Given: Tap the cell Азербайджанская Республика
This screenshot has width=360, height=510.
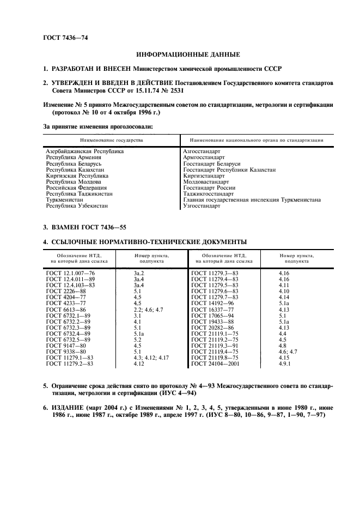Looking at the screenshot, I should click(x=85, y=151).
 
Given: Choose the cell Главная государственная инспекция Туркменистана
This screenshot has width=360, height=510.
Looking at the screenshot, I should click(x=252, y=200).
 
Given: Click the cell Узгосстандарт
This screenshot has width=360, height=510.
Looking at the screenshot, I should click(x=202, y=206).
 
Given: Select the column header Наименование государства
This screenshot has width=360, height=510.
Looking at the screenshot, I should click(x=111, y=140).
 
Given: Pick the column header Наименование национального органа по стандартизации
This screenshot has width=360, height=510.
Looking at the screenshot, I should click(x=253, y=140).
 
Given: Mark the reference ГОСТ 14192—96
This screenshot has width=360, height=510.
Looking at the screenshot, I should click(x=213, y=302).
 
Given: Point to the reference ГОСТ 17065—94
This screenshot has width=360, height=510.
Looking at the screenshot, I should click(x=213, y=314).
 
